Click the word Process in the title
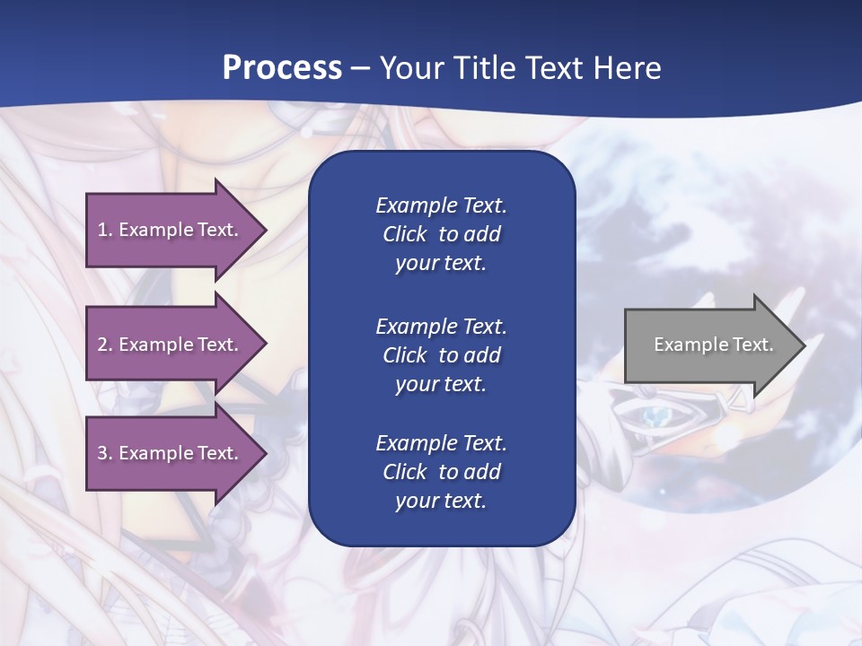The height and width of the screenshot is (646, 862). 282,68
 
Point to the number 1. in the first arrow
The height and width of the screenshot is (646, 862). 105,230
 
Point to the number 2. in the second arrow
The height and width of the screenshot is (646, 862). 105,345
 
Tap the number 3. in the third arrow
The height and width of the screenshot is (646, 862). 105,453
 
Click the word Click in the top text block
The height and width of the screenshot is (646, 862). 404,234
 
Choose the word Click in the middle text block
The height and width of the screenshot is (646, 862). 404,355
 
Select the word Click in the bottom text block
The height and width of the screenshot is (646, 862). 404,472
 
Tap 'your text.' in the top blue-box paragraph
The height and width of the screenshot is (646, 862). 441,264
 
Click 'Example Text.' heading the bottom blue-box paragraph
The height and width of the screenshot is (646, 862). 441,443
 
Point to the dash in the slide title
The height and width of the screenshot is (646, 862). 361,69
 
